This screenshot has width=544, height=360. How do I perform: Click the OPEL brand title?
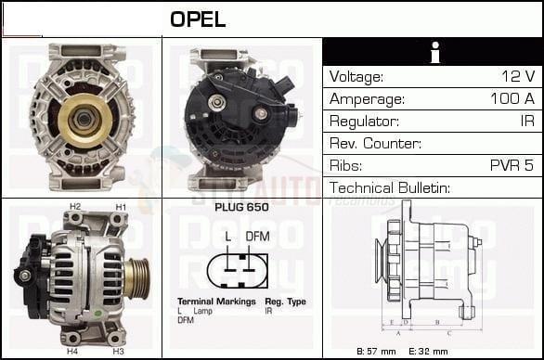[198, 19]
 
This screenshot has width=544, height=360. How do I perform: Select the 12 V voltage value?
[516, 76]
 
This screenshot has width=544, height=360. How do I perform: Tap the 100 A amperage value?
[512, 98]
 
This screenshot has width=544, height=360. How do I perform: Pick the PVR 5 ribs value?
[512, 165]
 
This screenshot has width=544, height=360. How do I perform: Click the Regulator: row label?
[364, 121]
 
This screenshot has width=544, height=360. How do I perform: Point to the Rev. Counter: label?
[375, 143]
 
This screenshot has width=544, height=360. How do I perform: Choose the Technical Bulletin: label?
[389, 187]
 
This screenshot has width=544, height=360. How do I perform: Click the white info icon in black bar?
[434, 53]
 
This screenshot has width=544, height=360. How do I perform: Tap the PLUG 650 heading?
[241, 207]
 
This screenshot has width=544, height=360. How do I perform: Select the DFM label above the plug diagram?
[257, 236]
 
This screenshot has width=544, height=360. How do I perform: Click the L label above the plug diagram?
[228, 236]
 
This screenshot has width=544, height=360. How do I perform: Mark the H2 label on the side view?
[75, 206]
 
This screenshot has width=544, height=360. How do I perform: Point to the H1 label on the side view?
[120, 206]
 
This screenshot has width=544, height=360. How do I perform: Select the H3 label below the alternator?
[118, 352]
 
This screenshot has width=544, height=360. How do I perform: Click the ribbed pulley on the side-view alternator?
[138, 278]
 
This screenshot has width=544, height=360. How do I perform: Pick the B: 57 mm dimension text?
[377, 352]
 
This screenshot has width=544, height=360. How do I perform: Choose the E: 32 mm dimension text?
[429, 352]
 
